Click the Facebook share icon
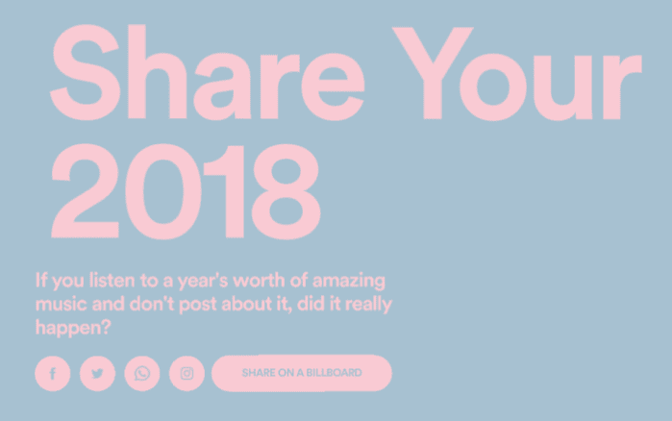click(x=53, y=374)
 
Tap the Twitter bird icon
click(x=98, y=374)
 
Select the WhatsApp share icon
click(x=142, y=374)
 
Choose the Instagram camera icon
click(x=187, y=374)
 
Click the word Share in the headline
click(x=208, y=72)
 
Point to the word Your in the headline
click(x=517, y=74)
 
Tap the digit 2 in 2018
click(x=85, y=191)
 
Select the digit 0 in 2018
click(x=163, y=191)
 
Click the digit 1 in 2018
click(x=225, y=191)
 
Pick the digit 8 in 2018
click(x=286, y=191)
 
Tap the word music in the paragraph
click(x=62, y=305)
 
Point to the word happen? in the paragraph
click(x=73, y=328)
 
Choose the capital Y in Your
click(x=433, y=73)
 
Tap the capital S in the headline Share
click(x=86, y=72)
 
